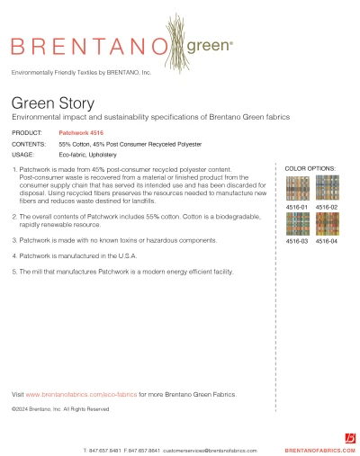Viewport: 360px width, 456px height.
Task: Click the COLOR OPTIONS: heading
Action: pos(310,168)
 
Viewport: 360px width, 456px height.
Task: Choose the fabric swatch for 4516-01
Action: pos(297,188)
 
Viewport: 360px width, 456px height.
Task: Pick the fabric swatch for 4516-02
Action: pos(326,188)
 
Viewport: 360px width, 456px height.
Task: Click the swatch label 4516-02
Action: pos(326,207)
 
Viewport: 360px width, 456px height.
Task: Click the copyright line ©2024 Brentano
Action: pos(59,408)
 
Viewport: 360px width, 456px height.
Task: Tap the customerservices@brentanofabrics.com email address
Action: pos(214,449)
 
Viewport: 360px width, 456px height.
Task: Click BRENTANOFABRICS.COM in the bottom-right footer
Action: pos(319,449)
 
